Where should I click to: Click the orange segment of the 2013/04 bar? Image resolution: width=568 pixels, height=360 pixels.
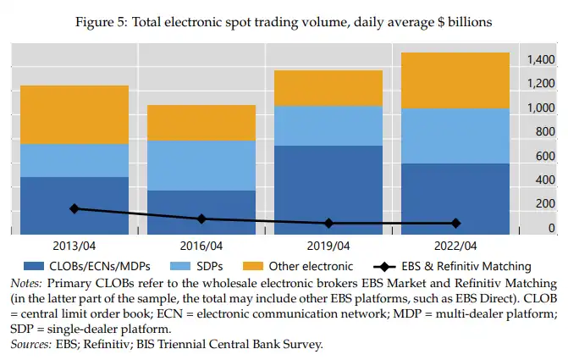point(74,114)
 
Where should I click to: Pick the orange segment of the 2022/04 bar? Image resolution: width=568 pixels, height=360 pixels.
point(455,80)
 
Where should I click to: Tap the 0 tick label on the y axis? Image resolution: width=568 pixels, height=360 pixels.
point(551,229)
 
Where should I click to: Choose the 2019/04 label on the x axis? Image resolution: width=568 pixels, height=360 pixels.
point(328,246)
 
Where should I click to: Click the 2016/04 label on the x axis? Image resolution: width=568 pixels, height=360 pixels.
point(201,246)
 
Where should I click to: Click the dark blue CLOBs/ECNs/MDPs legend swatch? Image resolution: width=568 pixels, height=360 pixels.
point(32,266)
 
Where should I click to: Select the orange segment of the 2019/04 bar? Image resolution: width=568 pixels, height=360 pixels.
point(328,87)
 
